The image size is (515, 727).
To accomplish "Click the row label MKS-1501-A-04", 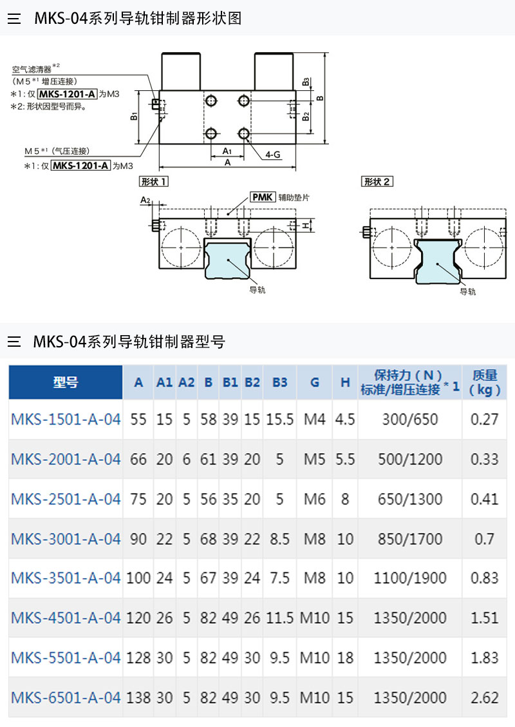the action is coord(66,419).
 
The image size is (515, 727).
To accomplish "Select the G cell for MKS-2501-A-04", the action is coord(314,499).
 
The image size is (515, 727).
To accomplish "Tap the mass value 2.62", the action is coord(485,697).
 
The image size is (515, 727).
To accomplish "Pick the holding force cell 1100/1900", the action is coord(410,577).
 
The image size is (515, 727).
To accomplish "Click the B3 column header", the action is coord(280,382).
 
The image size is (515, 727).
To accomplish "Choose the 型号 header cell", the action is coord(66,382).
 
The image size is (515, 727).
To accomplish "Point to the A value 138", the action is coord(138,697).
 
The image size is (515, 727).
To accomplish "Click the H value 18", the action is coord(345,657).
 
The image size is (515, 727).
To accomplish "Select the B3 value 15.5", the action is coord(280,419).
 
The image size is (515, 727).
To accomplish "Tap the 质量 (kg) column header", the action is coord(485,382).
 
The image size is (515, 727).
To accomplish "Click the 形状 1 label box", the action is coord(154,181).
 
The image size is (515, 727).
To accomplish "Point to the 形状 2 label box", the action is coord(377,181).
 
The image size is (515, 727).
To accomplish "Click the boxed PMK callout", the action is coord(263,197).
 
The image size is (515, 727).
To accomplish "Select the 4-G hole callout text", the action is coord(273,155).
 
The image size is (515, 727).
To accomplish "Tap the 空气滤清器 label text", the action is coord(32,70).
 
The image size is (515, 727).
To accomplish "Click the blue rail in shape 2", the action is coord(438,261).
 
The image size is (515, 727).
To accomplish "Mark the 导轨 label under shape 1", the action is coord(257,290).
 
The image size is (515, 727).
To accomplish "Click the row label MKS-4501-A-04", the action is coord(66,617).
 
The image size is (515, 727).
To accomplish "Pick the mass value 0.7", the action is coord(485,539).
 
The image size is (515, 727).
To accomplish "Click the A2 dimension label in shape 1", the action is coord(145,200).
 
